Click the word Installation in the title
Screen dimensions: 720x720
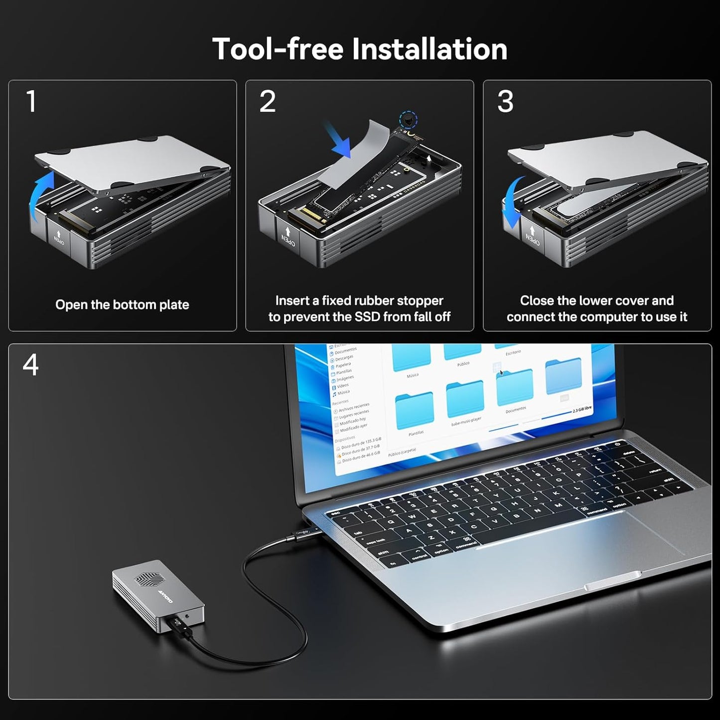coord(430,49)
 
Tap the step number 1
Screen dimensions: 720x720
coord(31,102)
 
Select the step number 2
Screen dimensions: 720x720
coord(268,102)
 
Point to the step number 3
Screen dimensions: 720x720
coord(505,102)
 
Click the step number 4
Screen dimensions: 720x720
coord(30,365)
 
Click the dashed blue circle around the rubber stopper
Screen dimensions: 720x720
coord(409,120)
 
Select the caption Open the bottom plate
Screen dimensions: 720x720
coord(122,304)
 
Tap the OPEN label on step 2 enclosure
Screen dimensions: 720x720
coord(288,239)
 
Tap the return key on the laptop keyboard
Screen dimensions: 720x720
coord(655,470)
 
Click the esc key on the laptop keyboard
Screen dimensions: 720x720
coord(335,513)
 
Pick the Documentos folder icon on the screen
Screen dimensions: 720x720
coord(515,388)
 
